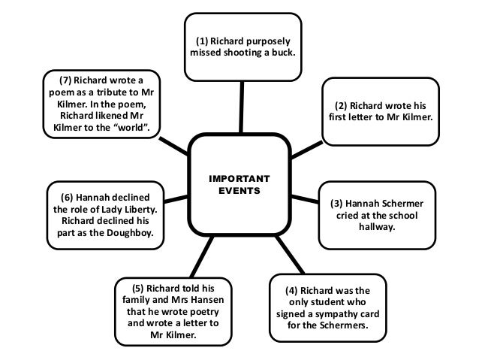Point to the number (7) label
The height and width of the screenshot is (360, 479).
point(68,79)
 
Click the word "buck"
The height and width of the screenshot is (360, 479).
point(282,53)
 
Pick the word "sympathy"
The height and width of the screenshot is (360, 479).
point(351,315)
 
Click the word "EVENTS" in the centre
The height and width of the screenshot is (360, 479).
point(239,191)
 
